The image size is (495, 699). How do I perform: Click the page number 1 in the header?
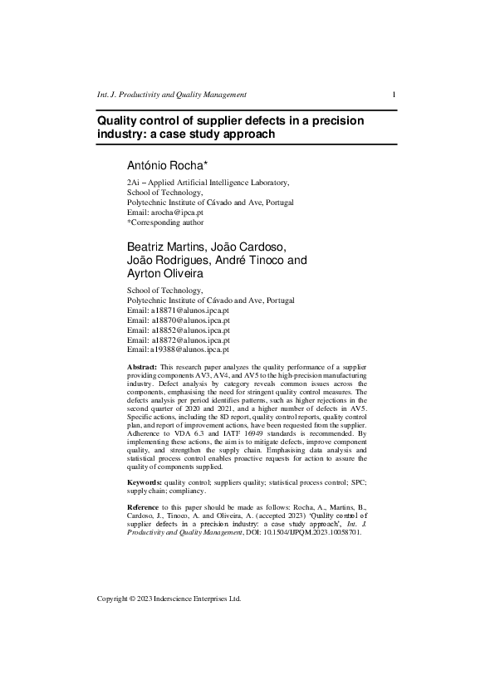click(394, 95)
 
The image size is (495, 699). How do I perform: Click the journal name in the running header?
click(172, 95)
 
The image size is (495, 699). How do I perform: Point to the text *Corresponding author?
click(164, 222)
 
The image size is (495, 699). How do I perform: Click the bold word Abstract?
click(141, 366)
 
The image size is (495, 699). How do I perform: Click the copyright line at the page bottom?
click(169, 599)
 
